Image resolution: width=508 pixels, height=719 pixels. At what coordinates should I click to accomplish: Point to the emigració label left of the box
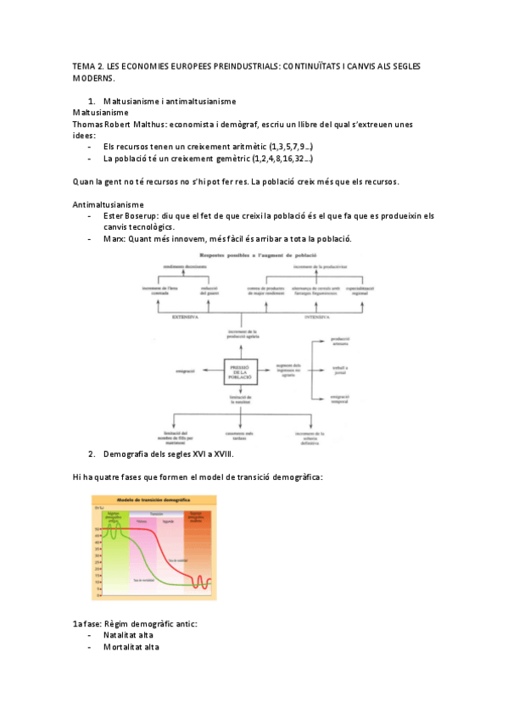click(x=186, y=371)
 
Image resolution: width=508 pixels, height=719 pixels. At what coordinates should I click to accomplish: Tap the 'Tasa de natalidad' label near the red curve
click(x=177, y=560)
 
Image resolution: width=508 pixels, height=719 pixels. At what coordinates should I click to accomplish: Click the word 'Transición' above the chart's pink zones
click(x=156, y=513)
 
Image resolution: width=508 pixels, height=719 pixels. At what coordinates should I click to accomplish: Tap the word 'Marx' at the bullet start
click(x=114, y=238)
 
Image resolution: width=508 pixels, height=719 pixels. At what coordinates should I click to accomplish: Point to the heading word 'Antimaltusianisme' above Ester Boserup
click(x=109, y=204)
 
